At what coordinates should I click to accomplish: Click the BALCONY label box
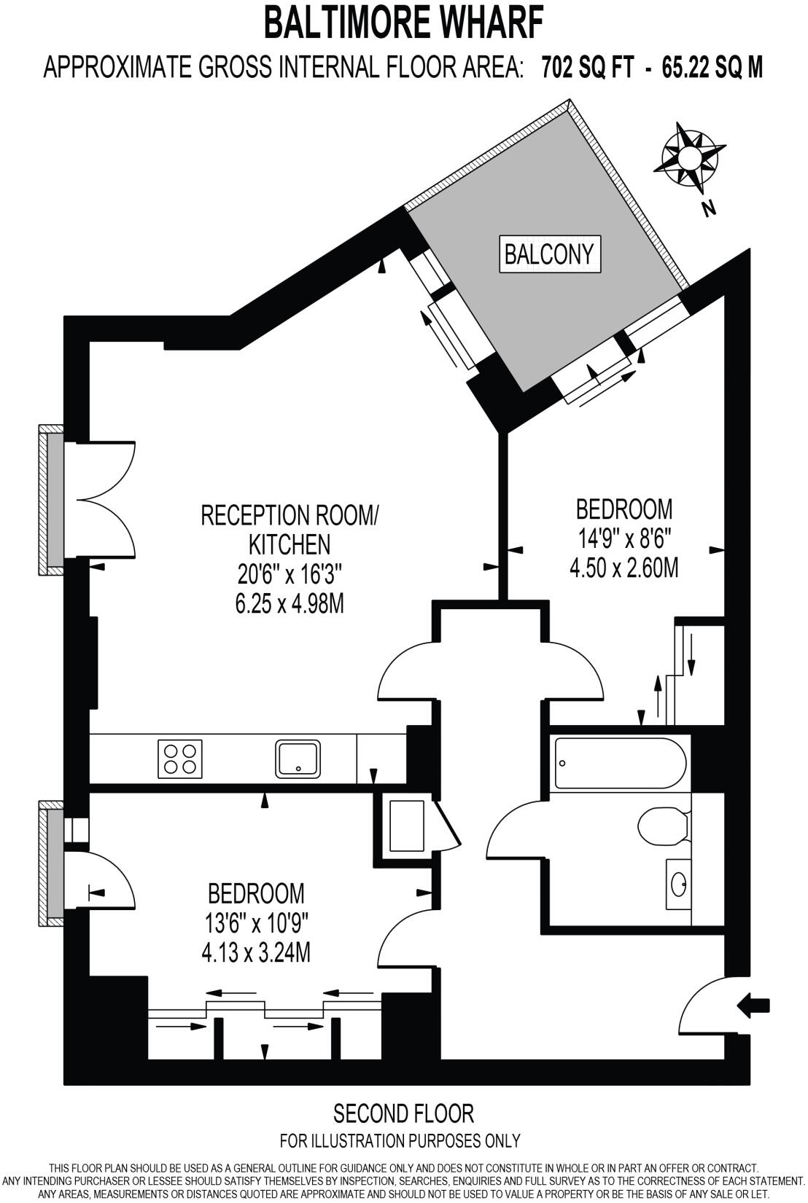[550, 254]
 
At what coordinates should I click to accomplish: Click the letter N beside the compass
[708, 209]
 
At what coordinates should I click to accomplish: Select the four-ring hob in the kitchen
[180, 759]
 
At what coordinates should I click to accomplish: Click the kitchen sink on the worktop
[298, 759]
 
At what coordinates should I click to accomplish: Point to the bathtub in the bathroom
[619, 762]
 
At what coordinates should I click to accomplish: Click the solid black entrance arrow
[754, 1006]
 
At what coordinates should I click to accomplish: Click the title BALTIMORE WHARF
[403, 23]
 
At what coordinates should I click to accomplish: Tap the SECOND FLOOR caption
[403, 1113]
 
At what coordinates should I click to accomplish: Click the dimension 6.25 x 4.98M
[290, 604]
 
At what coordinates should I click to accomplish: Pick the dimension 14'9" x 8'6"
[624, 539]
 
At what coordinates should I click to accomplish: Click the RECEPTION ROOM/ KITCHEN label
[290, 530]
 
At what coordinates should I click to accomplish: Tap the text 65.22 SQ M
[712, 68]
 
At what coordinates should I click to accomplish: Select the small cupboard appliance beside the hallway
[406, 826]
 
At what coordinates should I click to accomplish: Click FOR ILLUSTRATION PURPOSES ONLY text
[400, 1140]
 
